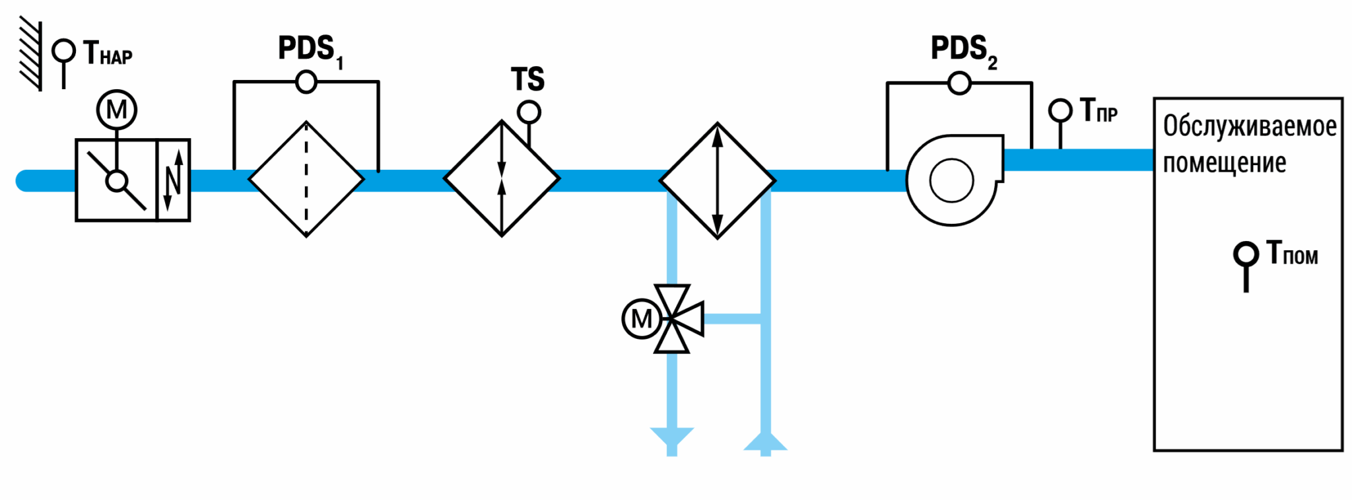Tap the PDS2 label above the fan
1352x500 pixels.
(x=964, y=50)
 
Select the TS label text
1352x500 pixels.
(x=527, y=79)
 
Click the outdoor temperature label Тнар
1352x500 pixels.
(x=108, y=54)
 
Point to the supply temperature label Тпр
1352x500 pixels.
(x=1098, y=110)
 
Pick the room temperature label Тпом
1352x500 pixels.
(x=1292, y=253)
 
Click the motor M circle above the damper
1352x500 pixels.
(x=117, y=110)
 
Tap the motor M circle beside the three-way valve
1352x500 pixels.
(x=642, y=318)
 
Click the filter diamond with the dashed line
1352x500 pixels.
(x=306, y=179)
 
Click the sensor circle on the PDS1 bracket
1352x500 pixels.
(x=306, y=82)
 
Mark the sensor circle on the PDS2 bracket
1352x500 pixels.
(x=959, y=83)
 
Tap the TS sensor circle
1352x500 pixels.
(x=529, y=112)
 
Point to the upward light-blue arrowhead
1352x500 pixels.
(x=766, y=441)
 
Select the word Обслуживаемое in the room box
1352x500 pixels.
(x=1250, y=126)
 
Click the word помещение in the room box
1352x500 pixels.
(x=1225, y=163)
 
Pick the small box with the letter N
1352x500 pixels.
(x=174, y=180)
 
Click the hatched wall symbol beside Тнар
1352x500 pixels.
(x=30, y=55)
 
